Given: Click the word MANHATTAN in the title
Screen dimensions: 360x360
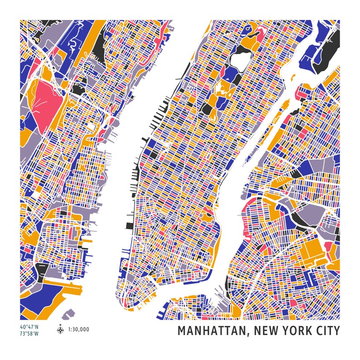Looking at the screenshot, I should pos(211,331).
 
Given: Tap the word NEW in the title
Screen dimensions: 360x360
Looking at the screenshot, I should pos(268,331).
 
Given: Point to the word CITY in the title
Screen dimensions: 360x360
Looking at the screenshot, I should pos(328,331).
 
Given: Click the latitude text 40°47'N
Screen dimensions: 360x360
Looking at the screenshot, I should pos(29,327).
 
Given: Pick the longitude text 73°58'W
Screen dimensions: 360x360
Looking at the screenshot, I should pos(29,334).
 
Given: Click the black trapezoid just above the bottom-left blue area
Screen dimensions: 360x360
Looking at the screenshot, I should pos(42,272).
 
